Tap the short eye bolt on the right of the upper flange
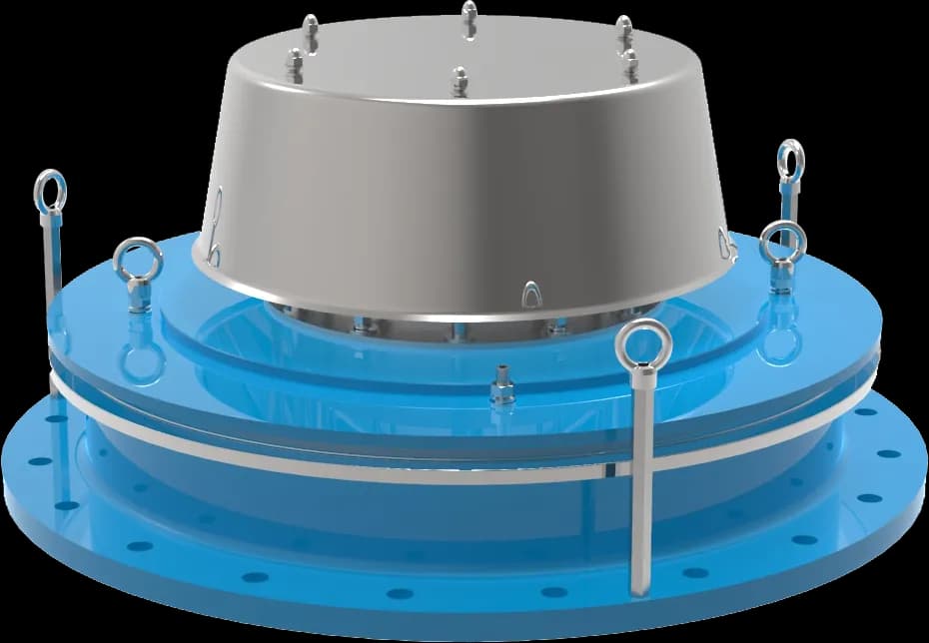pyautogui.click(x=781, y=245)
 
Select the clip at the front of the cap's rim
pyautogui.click(x=530, y=294)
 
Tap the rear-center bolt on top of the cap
pyautogui.click(x=468, y=18)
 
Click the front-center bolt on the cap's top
pyautogui.click(x=460, y=81)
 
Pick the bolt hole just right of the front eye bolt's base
pyautogui.click(x=694, y=572)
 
